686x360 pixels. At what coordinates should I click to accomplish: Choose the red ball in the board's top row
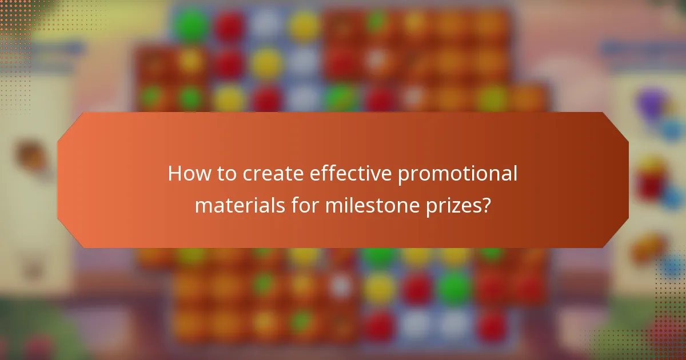pyautogui.click(x=229, y=25)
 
